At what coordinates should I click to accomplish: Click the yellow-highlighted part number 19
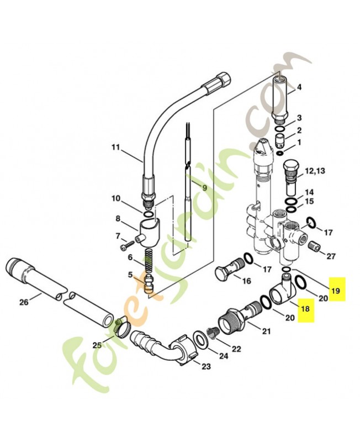(336, 291)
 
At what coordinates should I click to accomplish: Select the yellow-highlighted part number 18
(305, 309)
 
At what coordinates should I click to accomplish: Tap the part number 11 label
(116, 148)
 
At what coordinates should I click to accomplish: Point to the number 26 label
(24, 302)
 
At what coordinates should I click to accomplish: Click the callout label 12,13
(315, 171)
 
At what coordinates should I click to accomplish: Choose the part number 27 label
(331, 256)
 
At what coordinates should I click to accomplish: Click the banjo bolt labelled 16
(230, 270)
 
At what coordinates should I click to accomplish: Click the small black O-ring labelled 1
(280, 154)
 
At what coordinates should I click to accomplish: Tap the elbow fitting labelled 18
(283, 291)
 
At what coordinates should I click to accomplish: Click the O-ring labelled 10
(148, 215)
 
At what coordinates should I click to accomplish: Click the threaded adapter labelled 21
(240, 317)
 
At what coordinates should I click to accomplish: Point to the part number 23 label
(206, 366)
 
